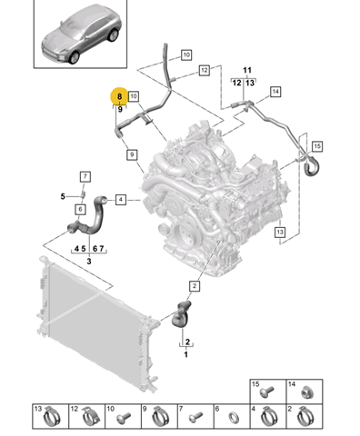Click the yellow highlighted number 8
(119, 96)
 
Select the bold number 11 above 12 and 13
(247, 70)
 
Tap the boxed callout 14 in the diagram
(275, 92)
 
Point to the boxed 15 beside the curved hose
(317, 146)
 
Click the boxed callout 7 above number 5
(85, 176)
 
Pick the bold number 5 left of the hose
(63, 196)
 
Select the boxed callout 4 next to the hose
(121, 200)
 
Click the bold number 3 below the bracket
(89, 261)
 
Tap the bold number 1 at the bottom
(186, 354)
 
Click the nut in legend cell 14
(307, 393)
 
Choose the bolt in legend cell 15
(267, 391)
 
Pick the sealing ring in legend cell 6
(234, 418)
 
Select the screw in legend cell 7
(196, 417)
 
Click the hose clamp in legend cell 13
(52, 417)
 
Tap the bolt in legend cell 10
(124, 417)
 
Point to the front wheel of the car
(74, 57)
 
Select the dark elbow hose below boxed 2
(181, 315)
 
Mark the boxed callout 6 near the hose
(80, 209)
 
